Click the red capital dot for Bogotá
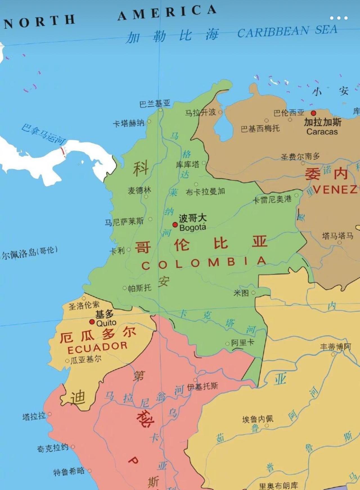[x=175, y=225]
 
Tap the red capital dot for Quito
[x=92, y=322]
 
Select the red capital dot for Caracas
[x=313, y=113]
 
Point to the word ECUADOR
[x=97, y=348]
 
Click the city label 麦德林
[x=139, y=190]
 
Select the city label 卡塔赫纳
[x=129, y=123]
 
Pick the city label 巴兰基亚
[x=155, y=104]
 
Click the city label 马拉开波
[x=200, y=112]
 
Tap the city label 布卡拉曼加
[x=205, y=192]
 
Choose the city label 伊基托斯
[x=202, y=387]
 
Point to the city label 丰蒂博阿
[x=335, y=347]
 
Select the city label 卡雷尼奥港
[x=272, y=199]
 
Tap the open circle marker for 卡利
[x=129, y=249]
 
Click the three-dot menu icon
[x=339, y=18]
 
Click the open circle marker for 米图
[x=253, y=293]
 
